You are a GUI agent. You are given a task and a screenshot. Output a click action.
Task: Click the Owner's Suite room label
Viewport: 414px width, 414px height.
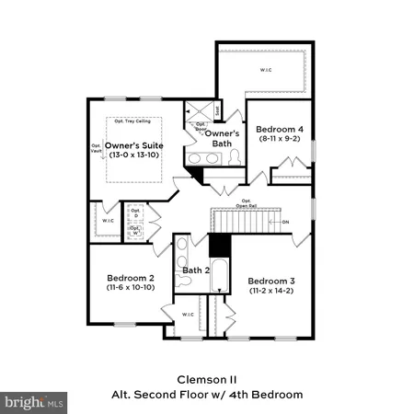click(134, 145)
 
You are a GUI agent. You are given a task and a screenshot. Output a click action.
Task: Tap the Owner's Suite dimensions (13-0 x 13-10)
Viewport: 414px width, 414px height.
click(134, 155)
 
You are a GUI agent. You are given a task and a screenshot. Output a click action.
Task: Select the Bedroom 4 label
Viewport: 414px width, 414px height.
click(280, 131)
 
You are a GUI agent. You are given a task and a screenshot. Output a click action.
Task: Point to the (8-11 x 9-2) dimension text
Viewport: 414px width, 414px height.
click(280, 142)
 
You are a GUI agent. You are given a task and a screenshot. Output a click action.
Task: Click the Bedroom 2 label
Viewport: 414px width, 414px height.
click(131, 278)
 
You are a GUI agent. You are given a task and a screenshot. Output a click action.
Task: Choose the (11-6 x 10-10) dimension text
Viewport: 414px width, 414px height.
click(131, 288)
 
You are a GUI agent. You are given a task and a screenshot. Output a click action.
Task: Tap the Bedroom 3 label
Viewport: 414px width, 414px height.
click(272, 280)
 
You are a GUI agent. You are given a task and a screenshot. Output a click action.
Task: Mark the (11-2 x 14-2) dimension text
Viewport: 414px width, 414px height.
click(272, 291)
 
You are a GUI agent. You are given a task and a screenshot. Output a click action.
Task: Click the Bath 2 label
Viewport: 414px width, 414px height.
click(197, 270)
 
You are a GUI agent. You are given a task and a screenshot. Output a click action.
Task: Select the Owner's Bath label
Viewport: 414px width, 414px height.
click(222, 139)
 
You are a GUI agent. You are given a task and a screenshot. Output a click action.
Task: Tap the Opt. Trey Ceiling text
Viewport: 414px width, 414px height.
click(132, 121)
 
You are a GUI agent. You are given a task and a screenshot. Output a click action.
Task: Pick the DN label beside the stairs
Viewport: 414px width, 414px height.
click(285, 222)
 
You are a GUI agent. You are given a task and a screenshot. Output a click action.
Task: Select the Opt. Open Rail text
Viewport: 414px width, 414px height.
click(246, 203)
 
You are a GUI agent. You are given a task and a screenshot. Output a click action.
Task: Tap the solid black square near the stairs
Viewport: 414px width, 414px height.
click(219, 246)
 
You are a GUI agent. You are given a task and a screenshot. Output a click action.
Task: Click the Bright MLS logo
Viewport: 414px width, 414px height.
click(34, 402)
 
